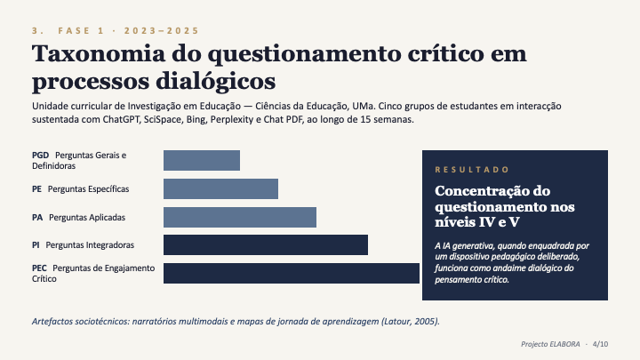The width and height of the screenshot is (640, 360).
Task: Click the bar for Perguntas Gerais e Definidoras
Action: (202, 160)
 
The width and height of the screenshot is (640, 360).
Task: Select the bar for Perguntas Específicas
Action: (220, 188)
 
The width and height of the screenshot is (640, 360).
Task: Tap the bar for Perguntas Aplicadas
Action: (240, 217)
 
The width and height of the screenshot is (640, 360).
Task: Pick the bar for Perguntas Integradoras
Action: (266, 244)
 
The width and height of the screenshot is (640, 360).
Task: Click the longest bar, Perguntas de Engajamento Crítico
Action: (291, 273)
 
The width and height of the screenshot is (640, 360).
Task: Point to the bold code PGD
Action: (40, 155)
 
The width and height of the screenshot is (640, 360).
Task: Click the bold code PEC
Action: (40, 268)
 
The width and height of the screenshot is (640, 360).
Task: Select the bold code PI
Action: (36, 244)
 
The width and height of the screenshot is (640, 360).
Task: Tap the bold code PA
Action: (37, 217)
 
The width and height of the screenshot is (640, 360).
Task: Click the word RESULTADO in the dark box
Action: (472, 169)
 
